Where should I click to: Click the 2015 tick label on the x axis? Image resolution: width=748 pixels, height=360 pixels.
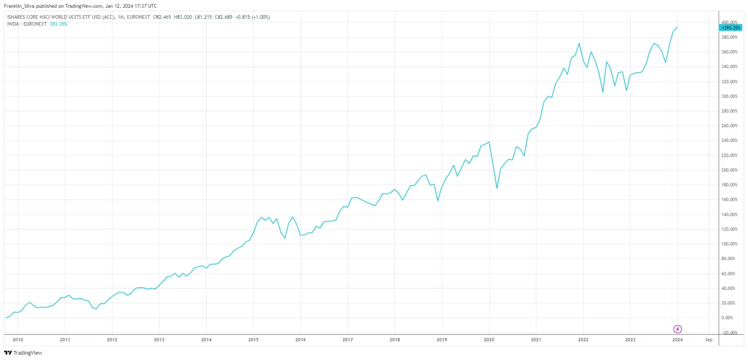coord(253,339)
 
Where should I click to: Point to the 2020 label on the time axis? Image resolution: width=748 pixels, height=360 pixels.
coord(489,339)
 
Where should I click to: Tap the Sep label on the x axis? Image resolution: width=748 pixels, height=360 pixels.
coord(709,339)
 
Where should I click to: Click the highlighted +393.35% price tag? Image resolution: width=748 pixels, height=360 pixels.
coord(730,28)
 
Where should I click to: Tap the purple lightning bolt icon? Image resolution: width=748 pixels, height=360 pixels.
coord(677,329)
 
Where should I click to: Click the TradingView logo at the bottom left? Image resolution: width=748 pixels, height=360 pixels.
coord(17,353)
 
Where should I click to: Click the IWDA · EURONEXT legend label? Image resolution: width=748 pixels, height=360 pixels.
coord(27,24)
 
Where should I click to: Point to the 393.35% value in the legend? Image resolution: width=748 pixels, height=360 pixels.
coord(58,24)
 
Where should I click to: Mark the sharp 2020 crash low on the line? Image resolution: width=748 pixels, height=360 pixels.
coord(497,188)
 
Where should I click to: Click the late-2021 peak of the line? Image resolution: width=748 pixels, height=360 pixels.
coord(579,44)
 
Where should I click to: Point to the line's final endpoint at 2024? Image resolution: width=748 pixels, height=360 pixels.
coord(677,27)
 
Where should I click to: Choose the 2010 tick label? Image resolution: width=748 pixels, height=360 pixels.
coord(18,339)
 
